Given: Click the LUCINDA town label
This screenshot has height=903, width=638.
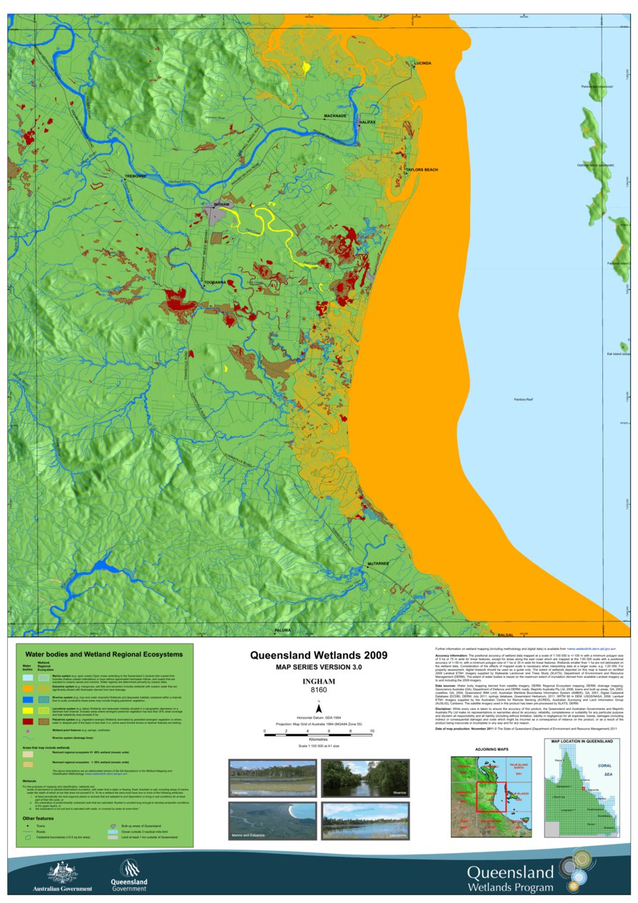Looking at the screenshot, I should click(423, 64).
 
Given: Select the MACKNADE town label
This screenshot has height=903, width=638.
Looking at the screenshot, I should click(335, 116).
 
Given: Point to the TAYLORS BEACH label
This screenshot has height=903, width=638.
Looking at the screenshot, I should click(422, 169).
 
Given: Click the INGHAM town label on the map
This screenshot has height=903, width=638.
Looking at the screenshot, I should click(222, 204).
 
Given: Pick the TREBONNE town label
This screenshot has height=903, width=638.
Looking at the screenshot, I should click(135, 176).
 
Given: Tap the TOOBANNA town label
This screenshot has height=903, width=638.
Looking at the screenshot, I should click(215, 282).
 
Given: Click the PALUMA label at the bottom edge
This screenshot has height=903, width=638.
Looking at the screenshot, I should click(283, 630).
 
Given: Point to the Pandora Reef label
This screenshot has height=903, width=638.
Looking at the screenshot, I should click(525, 399).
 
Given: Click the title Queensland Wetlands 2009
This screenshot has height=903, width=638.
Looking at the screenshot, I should click(318, 655).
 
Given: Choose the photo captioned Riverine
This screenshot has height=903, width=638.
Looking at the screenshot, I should click(365, 778).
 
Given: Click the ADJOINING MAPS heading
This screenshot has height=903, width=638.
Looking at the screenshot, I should click(491, 749).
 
